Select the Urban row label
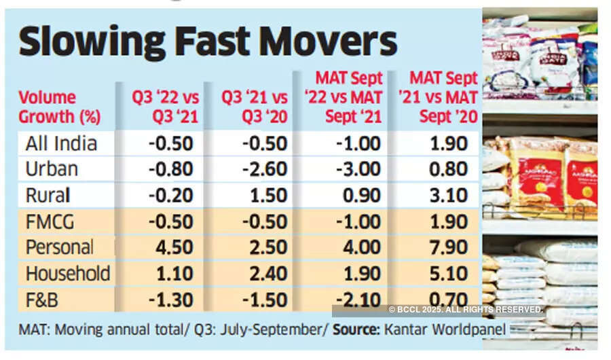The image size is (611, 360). pos(51,170)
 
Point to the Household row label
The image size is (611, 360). pos(67,273)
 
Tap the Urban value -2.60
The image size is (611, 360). pos(261,170)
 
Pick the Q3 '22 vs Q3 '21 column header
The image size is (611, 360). pos(166,107)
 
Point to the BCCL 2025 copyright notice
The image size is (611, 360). pos(466,310)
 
